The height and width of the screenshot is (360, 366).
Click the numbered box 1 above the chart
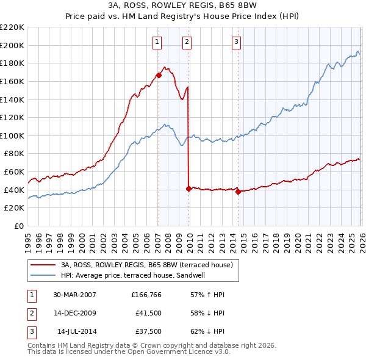157,42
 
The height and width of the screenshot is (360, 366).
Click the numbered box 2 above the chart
187,42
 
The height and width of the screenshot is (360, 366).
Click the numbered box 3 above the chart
236,42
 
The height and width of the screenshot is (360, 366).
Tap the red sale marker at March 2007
159,76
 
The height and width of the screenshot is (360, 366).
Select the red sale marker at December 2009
188,189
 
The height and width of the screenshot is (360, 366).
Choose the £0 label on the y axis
18,226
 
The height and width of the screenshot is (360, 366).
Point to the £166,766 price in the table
147,295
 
